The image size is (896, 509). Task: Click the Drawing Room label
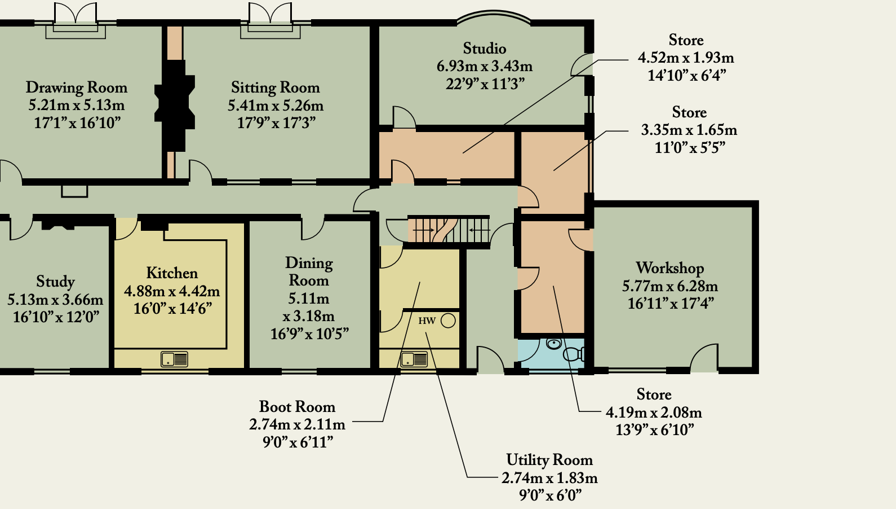pos(77,87)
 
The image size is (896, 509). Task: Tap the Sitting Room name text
pos(275,87)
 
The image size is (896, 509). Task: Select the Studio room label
pos(485,49)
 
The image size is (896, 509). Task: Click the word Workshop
pos(669,268)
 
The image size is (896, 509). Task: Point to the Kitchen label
pos(172,273)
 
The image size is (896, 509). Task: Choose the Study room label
pos(55,282)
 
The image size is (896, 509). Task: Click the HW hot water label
pos(427,321)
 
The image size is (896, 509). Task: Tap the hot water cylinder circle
pos(449,321)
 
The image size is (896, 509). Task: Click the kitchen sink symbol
pos(174,359)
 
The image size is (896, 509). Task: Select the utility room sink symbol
pos(414,359)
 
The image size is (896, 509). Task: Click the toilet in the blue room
pos(574,354)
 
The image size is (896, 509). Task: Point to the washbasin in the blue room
pos(554,344)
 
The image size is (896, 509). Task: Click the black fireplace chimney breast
pos(175,106)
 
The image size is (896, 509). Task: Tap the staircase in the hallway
pos(449,230)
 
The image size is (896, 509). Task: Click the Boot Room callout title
pos(297,407)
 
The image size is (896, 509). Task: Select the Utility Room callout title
pos(549,460)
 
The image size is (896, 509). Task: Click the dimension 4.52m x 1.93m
pos(686,58)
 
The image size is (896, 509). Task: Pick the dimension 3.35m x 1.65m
pos(689,130)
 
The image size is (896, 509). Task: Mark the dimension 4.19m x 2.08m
pos(654,413)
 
